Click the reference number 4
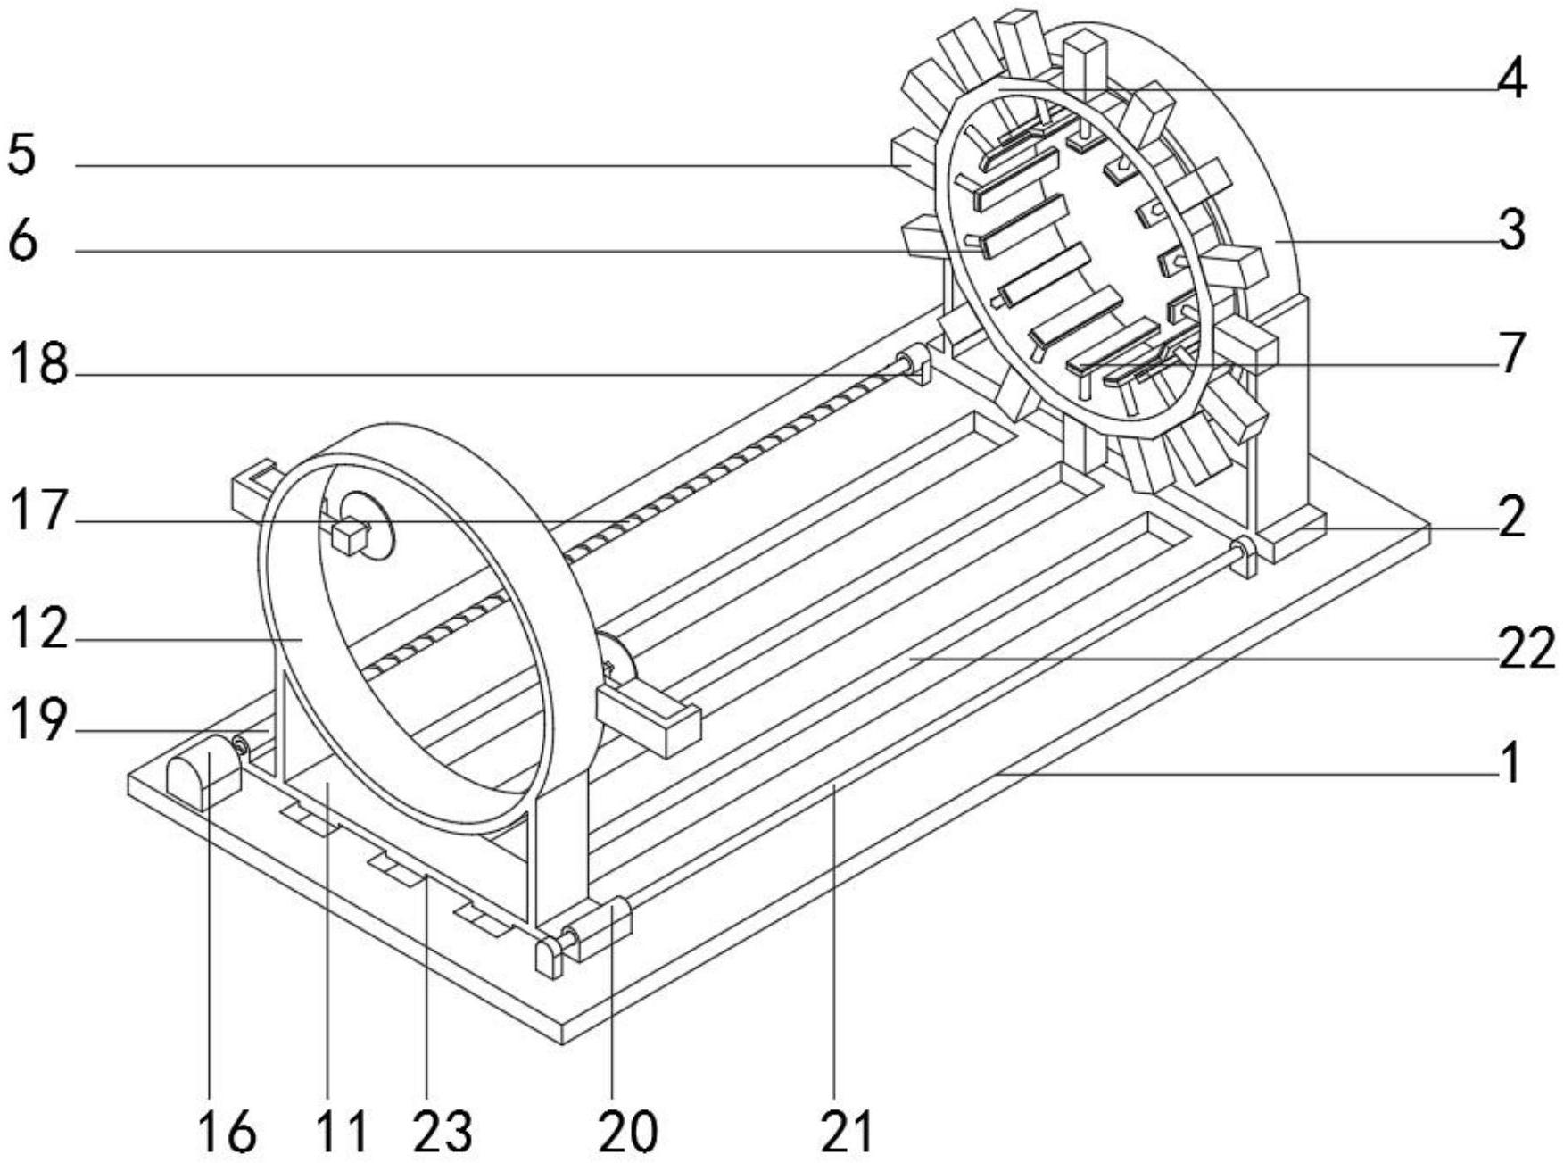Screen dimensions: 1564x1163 click(x=1511, y=79)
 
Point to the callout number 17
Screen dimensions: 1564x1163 click(x=38, y=511)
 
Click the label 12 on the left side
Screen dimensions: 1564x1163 click(x=38, y=629)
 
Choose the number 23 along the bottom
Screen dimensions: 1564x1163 click(x=443, y=1132)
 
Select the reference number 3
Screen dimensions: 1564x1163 click(x=1512, y=231)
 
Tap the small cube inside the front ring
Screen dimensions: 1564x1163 click(x=349, y=539)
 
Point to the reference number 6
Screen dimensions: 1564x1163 click(x=22, y=240)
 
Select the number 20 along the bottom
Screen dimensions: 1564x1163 click(x=628, y=1132)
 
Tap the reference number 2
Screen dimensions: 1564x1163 click(x=1512, y=518)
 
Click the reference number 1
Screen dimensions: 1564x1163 click(x=1511, y=764)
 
